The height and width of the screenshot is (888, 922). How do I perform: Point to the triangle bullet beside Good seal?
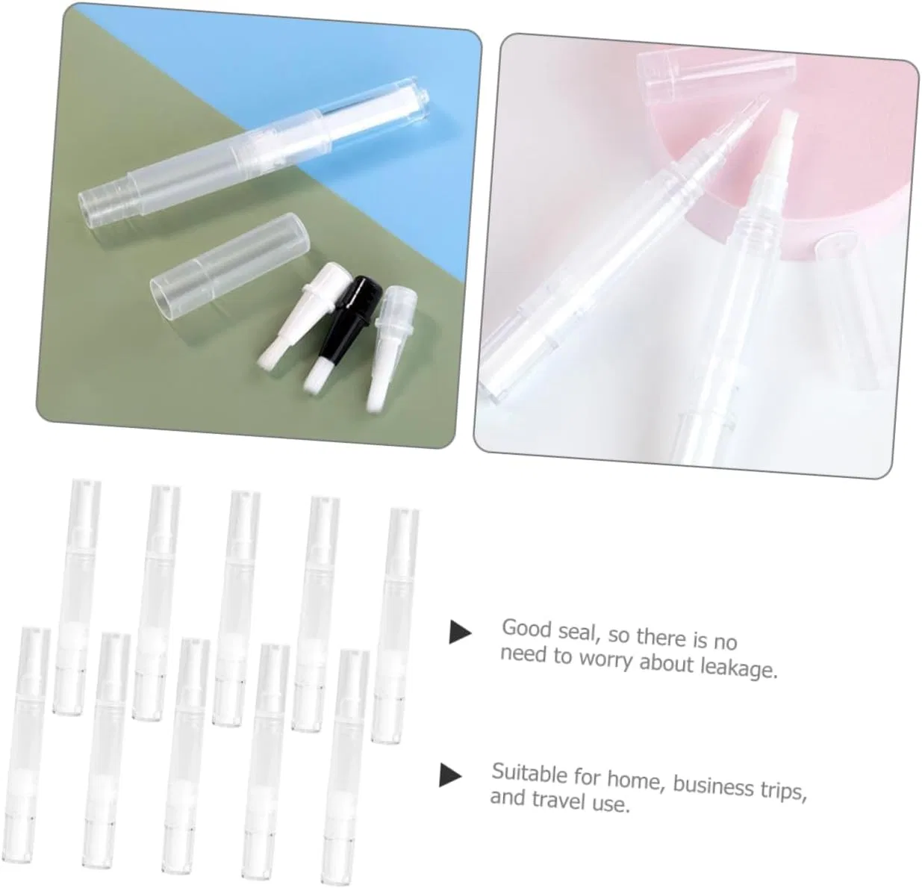point(460,632)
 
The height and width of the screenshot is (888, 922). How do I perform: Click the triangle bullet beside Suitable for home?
point(449,774)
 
